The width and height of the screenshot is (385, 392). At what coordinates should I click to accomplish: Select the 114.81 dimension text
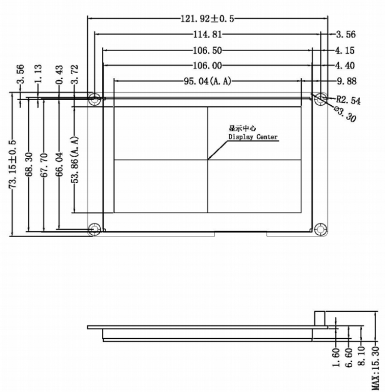point(207,34)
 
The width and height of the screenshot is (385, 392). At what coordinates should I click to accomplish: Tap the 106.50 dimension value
point(207,50)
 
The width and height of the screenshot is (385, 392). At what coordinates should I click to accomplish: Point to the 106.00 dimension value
point(207,65)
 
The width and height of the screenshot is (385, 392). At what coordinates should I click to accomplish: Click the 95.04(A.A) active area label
point(207,81)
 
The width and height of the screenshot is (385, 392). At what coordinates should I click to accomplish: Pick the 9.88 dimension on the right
point(346,81)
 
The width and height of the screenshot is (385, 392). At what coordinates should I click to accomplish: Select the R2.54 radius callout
point(348,100)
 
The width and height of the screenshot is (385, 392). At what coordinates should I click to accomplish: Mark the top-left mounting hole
point(95,99)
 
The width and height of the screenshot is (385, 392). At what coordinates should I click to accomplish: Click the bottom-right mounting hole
point(320,229)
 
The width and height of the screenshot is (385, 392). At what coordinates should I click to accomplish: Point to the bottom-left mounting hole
point(95,229)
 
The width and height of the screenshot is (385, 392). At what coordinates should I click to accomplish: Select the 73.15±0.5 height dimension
point(13,164)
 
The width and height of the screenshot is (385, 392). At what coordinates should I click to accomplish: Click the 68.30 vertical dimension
point(29,164)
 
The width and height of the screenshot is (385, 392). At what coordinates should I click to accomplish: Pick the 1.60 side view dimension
point(336,357)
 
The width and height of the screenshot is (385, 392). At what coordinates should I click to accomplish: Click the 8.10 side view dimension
point(363,357)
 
